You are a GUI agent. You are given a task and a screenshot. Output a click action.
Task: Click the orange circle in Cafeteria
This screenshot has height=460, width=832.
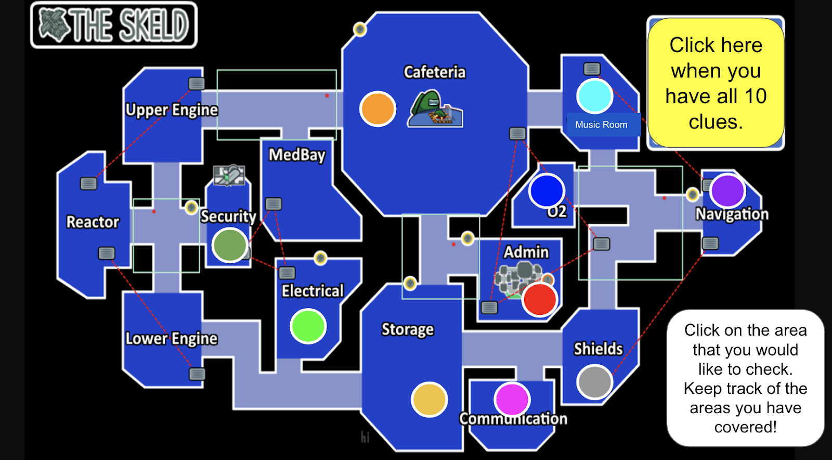tap(378, 109)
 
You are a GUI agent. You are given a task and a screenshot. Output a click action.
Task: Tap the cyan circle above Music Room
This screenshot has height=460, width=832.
tap(594, 96)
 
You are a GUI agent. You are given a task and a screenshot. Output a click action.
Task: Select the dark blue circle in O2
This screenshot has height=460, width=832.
tap(547, 191)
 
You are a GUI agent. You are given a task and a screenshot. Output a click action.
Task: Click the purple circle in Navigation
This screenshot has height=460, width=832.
tap(727, 191)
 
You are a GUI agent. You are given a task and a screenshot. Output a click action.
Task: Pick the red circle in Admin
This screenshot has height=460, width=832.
tap(540, 299)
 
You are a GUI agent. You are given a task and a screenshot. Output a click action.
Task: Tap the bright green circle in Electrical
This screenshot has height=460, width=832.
tap(308, 326)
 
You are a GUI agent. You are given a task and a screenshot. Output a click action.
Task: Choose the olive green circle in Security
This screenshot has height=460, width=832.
tap(230, 245)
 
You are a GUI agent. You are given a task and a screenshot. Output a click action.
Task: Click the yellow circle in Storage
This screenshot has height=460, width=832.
tap(429, 400)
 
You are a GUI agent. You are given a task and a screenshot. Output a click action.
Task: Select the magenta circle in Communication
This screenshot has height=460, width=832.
tap(512, 400)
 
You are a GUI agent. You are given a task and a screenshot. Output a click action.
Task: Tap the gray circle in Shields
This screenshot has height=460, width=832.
tap(594, 381)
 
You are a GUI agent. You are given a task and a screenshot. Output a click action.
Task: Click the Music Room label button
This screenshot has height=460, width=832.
tap(602, 125)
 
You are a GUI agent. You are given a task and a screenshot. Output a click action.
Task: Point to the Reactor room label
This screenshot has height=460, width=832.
tap(93, 222)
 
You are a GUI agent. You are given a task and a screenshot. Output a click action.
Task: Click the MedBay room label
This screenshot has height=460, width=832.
tap(297, 155)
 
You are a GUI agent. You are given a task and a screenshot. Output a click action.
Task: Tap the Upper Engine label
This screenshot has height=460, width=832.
tap(172, 110)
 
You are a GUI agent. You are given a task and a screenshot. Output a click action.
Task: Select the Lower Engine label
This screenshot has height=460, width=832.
tap(172, 339)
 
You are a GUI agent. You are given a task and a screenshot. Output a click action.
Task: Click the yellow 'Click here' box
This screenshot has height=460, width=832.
tap(716, 83)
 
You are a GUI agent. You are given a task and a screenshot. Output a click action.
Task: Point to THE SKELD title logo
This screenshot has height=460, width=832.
tap(114, 25)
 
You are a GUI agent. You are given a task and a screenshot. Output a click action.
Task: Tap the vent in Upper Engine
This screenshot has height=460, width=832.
tap(196, 83)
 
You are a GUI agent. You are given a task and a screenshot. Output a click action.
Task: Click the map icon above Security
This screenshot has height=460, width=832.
tap(229, 175)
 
